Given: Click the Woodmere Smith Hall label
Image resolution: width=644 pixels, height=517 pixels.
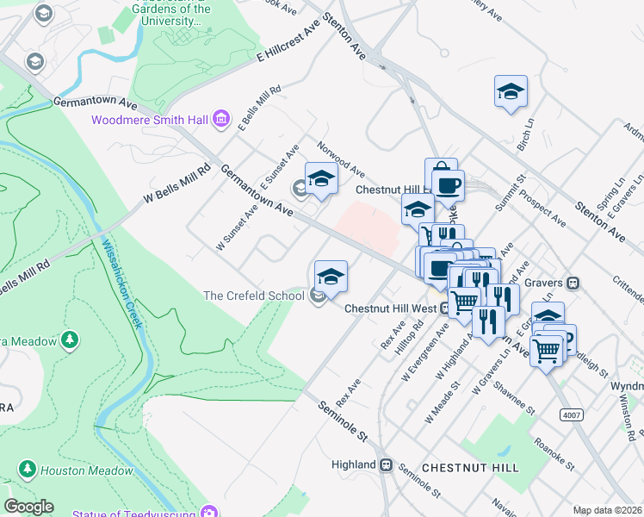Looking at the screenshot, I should [x=150, y=120].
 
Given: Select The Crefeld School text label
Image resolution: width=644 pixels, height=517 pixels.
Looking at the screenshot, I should [x=254, y=296].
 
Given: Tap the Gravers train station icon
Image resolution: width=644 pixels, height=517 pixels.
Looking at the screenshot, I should [x=573, y=283].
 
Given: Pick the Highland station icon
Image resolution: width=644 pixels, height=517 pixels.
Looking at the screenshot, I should [x=387, y=464].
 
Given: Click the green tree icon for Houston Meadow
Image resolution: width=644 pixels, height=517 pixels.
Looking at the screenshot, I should [x=28, y=470].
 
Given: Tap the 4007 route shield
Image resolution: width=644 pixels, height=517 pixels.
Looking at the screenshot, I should [x=571, y=414].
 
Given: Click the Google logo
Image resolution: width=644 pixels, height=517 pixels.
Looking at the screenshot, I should [x=28, y=507].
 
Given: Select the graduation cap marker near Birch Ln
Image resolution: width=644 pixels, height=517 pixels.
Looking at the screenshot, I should [x=511, y=92].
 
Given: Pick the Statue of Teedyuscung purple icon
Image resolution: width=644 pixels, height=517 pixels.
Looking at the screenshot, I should [x=207, y=513].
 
